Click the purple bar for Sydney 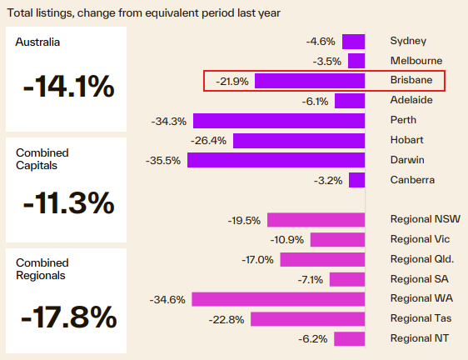pos(353,42)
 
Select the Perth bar pos(279,120)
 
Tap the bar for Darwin pos(276,160)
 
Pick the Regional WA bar pos(278,298)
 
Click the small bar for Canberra pos(357,180)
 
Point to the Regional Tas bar pos(308,318)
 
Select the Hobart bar pos(299,140)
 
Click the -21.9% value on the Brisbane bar pos(233,81)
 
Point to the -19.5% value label pos(244,220)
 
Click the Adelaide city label pos(411,100)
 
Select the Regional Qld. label pos(422,259)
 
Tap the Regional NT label pos(419,338)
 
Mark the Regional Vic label pos(419,239)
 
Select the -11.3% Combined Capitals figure pos(68,202)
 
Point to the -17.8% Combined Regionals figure pos(68,317)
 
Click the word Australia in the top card pos(37,42)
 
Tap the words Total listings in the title pos(42,12)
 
